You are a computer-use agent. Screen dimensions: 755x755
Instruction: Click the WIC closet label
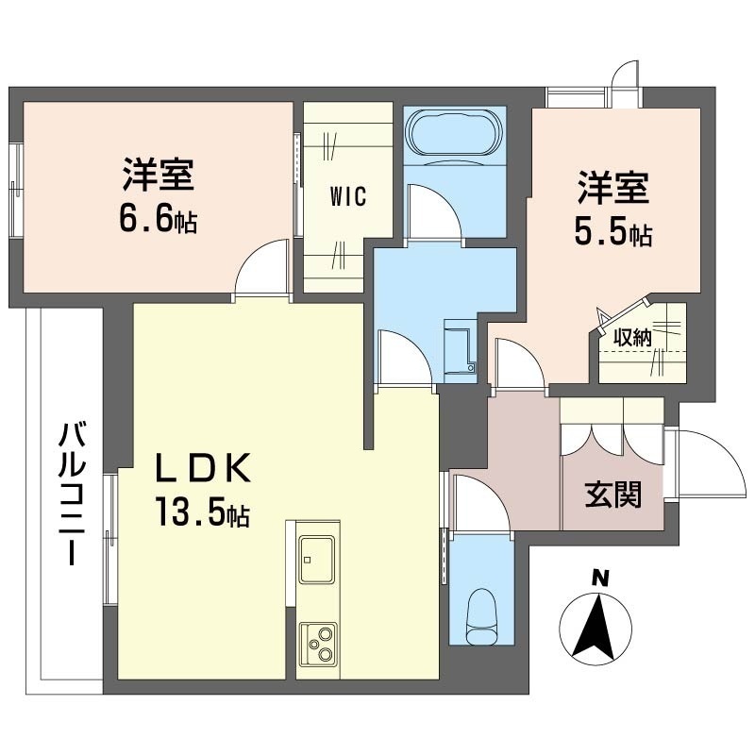(x=348, y=196)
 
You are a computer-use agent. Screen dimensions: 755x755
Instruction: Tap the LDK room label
(x=201, y=467)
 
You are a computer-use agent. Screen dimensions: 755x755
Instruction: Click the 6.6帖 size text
(x=158, y=220)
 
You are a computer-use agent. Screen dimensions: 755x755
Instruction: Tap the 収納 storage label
(x=632, y=338)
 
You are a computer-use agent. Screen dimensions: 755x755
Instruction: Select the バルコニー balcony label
(x=72, y=493)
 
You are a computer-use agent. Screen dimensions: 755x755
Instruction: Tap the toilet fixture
(x=481, y=616)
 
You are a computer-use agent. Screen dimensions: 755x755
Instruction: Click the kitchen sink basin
(x=317, y=559)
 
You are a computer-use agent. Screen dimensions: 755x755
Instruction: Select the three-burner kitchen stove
(x=317, y=645)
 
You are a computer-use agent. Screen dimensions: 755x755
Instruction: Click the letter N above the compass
(x=599, y=579)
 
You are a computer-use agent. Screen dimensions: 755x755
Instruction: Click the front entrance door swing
(x=704, y=463)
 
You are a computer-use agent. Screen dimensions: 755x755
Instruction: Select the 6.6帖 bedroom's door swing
(x=263, y=268)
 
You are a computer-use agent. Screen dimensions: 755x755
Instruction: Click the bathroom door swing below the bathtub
(x=432, y=211)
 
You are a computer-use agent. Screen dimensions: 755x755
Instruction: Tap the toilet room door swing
(x=480, y=503)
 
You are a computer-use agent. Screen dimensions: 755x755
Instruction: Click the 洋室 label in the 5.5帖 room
(x=612, y=188)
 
